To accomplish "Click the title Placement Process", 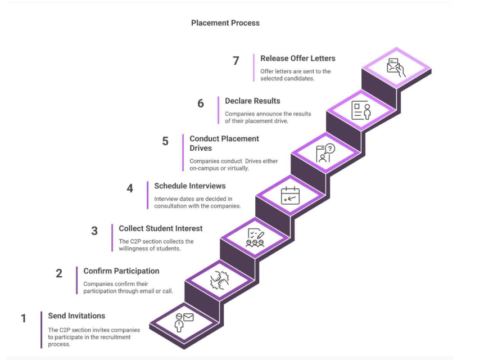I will [225, 23].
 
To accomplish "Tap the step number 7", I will [236, 61].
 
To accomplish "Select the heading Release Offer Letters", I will [297, 58].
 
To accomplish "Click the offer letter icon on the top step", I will [396, 67].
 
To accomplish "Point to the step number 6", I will [201, 103].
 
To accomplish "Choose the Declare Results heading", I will [252, 101].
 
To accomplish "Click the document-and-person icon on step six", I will [361, 110].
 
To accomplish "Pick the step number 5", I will [165, 141].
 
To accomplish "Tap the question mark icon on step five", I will [325, 153].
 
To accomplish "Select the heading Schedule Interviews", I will [189, 186].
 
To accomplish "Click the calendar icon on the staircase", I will [290, 195].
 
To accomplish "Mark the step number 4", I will [130, 188].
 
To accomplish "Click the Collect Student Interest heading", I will [160, 228].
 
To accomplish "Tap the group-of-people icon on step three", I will [255, 237].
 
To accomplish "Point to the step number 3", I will [94, 231].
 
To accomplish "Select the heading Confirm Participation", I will [121, 271].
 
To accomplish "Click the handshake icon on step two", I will [219, 280].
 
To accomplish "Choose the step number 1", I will [24, 318].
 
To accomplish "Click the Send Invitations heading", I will [76, 316].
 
